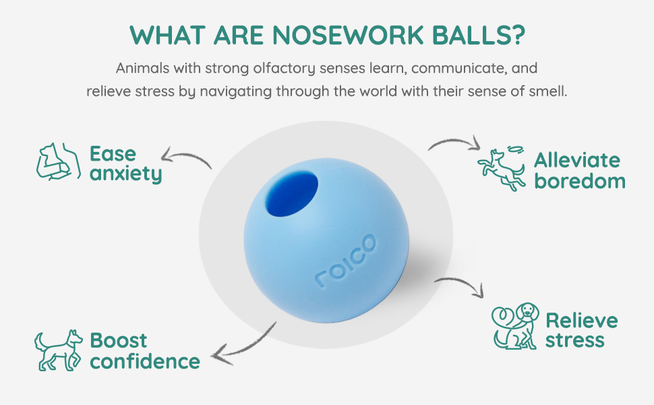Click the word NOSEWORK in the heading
[x=349, y=35]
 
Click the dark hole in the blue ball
[x=291, y=194]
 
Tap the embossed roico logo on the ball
[x=346, y=261]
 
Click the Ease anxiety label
[x=125, y=163]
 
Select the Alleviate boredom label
[x=580, y=170]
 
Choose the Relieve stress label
[x=581, y=330]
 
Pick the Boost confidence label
[x=145, y=351]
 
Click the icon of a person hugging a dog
[x=59, y=161]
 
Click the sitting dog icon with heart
[x=515, y=326]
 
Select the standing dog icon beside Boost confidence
[x=59, y=350]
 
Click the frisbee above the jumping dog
[x=514, y=149]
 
